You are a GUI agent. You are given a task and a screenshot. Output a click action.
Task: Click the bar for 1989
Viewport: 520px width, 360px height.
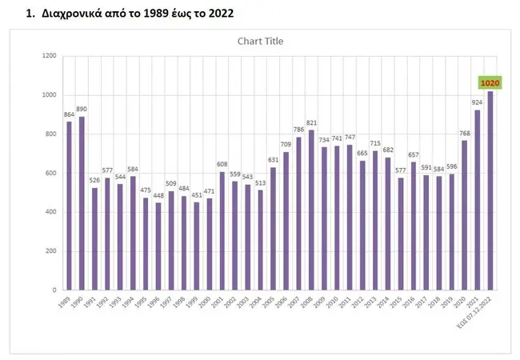pos(69,205)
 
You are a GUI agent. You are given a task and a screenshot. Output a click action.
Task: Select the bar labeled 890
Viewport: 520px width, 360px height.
pos(82,202)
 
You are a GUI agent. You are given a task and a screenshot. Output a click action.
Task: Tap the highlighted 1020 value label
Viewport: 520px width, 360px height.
pos(489,82)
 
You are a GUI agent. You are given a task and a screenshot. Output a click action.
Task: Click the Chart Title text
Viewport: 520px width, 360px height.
pos(260,41)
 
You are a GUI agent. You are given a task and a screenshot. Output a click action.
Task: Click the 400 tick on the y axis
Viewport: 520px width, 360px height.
pos(50,212)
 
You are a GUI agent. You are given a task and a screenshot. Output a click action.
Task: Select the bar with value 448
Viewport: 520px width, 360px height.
pos(158,246)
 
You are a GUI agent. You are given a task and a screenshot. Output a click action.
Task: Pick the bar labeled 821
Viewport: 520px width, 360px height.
pos(311,210)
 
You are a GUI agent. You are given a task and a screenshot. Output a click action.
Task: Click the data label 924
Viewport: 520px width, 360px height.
pos(478,102)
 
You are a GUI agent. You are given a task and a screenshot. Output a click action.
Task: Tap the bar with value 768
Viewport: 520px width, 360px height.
pos(464,214)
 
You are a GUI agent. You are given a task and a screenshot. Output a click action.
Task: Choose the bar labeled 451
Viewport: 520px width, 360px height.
pos(197,246)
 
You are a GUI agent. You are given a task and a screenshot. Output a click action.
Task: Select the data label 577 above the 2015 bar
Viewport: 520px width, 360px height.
pos(401,170)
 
